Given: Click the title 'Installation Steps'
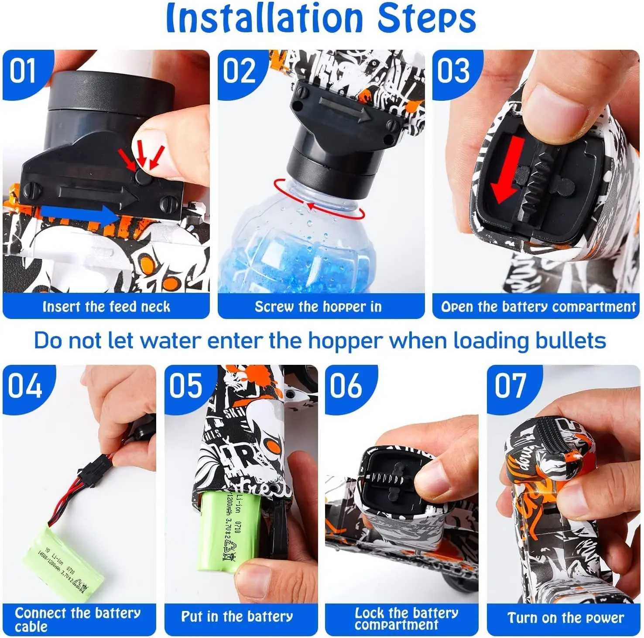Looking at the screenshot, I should click(x=321, y=18).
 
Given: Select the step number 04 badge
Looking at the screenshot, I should click(x=24, y=386).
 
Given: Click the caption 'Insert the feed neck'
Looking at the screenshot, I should click(x=106, y=307).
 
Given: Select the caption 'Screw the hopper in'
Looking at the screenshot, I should click(x=318, y=307).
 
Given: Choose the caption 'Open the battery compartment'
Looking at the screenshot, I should click(x=538, y=307).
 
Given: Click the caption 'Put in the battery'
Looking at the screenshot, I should click(x=237, y=617).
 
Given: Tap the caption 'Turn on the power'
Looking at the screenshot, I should click(x=565, y=618).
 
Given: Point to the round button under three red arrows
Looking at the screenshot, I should click(x=142, y=177).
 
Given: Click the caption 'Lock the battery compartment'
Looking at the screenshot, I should click(x=406, y=619).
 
